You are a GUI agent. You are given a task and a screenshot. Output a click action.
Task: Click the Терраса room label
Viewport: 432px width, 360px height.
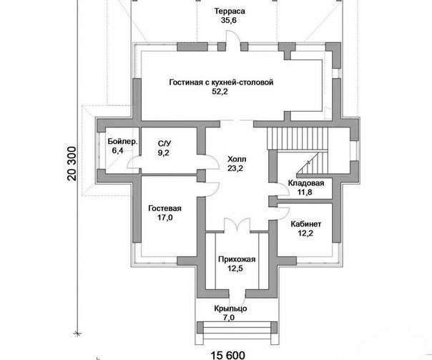(x=230, y=11)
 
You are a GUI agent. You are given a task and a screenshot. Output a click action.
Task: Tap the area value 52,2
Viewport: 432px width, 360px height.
(x=220, y=92)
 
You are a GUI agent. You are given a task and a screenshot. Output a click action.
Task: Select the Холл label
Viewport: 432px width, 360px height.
(x=237, y=159)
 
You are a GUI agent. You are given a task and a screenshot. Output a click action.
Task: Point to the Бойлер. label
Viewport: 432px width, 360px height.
(x=122, y=142)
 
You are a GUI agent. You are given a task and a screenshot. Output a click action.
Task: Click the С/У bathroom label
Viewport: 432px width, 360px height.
(x=165, y=143)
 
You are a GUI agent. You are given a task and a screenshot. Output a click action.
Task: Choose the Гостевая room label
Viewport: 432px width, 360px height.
(x=165, y=208)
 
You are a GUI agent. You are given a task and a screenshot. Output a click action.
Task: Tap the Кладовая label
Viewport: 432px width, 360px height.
(x=306, y=183)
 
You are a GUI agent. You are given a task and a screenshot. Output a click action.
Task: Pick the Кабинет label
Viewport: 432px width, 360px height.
(x=306, y=224)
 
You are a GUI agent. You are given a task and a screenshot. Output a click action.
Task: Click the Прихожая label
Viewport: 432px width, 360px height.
(x=237, y=259)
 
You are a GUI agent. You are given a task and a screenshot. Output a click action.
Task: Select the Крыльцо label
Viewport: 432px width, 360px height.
(x=230, y=308)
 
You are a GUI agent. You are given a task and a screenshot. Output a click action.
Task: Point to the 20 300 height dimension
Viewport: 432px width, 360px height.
(x=72, y=163)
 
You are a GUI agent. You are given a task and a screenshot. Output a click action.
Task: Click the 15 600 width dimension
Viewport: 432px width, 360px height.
(x=228, y=355)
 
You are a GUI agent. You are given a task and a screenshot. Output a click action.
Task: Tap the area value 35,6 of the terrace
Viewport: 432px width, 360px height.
(x=229, y=21)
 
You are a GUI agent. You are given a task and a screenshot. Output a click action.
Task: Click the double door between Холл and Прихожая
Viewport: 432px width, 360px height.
(x=237, y=225)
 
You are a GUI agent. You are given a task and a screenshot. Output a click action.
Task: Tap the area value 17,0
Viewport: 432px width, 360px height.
(x=165, y=218)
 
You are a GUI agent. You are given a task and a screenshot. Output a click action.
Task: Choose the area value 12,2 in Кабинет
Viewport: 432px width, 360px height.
(x=305, y=233)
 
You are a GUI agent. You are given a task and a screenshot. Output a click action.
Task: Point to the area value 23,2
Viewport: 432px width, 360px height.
(x=235, y=168)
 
